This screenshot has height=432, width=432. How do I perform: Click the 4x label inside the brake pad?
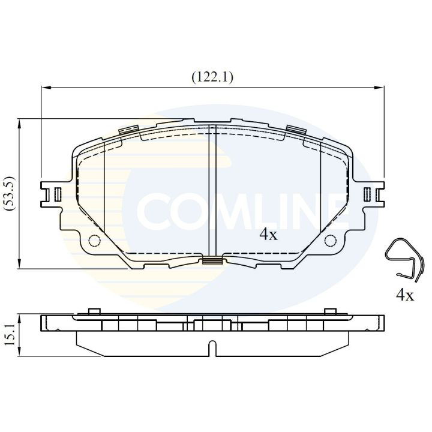click(x=268, y=235)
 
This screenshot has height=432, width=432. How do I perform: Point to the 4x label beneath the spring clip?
click(x=405, y=295)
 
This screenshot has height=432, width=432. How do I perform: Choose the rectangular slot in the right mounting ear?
click(x=367, y=194)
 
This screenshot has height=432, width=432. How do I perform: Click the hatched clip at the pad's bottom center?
click(x=211, y=260)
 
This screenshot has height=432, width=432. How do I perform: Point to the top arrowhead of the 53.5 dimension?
click(x=20, y=122)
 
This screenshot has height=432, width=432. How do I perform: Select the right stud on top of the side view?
click(x=328, y=311)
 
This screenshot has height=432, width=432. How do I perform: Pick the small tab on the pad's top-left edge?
click(x=129, y=130)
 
